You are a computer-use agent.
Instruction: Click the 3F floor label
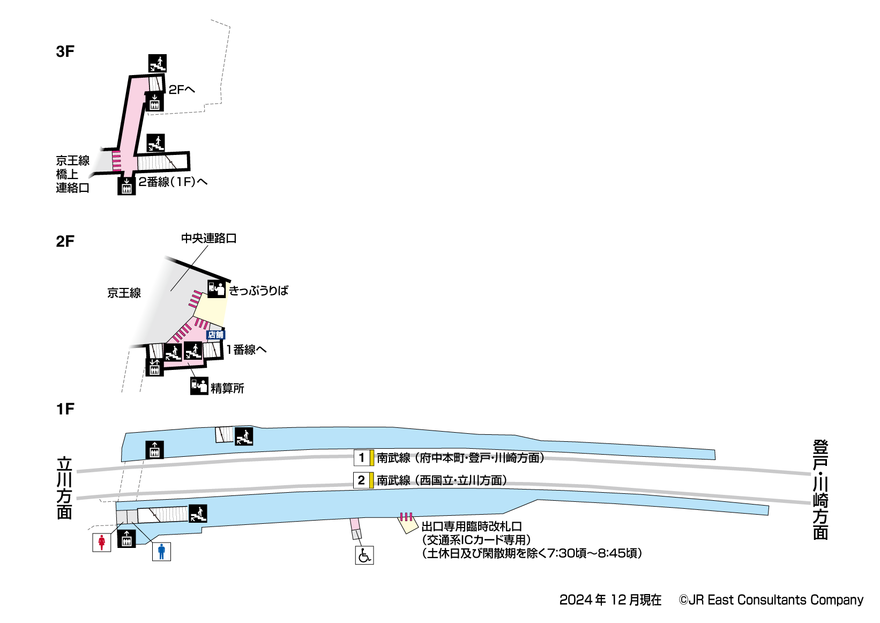click(65, 51)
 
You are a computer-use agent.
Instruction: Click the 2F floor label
click(65, 241)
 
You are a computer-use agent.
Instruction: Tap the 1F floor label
click(65, 409)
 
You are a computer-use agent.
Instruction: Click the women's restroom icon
click(101, 543)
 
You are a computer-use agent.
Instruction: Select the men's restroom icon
click(161, 552)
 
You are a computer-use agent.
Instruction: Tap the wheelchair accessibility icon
click(364, 555)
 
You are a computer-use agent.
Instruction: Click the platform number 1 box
click(362, 458)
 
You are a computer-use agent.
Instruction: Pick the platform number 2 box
click(362, 480)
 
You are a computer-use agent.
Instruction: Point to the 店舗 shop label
click(215, 335)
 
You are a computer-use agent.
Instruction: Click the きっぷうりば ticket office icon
click(217, 289)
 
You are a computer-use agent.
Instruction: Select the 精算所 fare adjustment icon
click(199, 386)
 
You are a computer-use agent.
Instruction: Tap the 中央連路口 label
click(208, 238)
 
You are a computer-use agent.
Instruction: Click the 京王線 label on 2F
click(124, 293)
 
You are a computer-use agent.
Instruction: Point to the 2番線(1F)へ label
click(173, 182)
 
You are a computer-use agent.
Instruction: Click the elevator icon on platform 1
click(155, 450)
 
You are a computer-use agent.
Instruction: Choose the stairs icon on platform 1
click(244, 436)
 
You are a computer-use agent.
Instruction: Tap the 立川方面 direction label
click(64, 488)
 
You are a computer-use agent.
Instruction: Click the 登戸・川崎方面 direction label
click(821, 489)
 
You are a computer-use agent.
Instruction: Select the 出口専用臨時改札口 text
click(472, 526)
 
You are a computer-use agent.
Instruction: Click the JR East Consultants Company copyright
click(771, 600)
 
